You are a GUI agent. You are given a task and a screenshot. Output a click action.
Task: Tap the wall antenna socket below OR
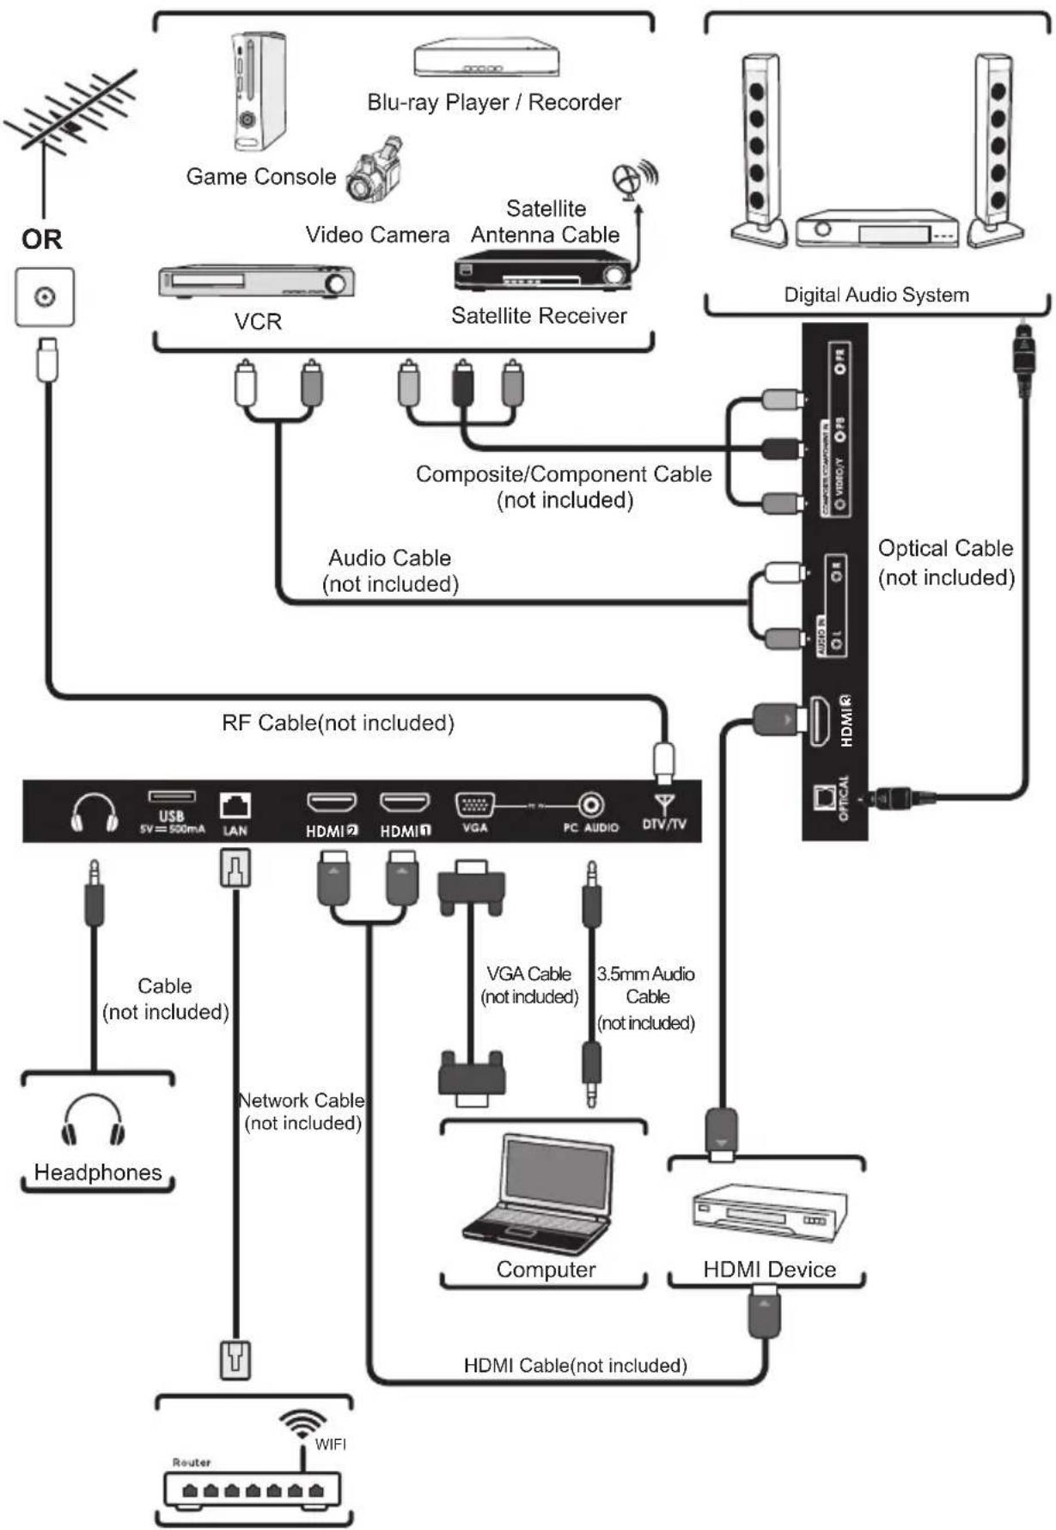pyautogui.click(x=45, y=297)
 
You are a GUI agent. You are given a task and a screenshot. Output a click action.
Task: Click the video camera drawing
pyautogui.click(x=375, y=170)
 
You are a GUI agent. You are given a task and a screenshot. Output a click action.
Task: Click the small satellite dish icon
pyautogui.click(x=632, y=179)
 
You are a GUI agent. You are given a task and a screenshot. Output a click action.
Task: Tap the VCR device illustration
pyautogui.click(x=256, y=283)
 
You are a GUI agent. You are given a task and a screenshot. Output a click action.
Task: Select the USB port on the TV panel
pyautogui.click(x=172, y=796)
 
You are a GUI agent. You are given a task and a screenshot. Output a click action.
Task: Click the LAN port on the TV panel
pyautogui.click(x=235, y=806)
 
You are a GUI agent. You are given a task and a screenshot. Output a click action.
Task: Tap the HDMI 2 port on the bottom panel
pyautogui.click(x=332, y=803)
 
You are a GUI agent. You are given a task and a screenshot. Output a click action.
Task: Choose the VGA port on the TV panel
pyautogui.click(x=474, y=805)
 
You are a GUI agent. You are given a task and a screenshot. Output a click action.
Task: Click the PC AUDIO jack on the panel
pyautogui.click(x=590, y=805)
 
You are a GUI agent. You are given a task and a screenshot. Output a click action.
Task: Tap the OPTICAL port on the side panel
pyautogui.click(x=824, y=797)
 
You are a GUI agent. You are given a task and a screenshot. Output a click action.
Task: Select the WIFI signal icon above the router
pyautogui.click(x=302, y=1423)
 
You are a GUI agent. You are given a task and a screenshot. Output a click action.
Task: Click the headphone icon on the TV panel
pyautogui.click(x=95, y=813)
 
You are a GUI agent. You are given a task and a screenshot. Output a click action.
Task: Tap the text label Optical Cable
pyautogui.click(x=945, y=548)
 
